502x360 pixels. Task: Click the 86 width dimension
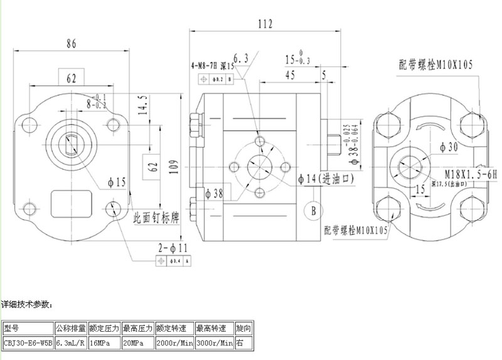pos(71,44)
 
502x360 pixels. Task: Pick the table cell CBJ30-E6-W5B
pos(28,343)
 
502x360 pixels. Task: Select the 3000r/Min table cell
pos(214,343)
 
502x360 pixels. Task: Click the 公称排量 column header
pos(70,328)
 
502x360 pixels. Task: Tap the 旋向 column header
pos(244,328)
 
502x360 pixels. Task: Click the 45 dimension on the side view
pos(290,75)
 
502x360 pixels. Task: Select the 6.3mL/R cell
pos(70,343)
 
